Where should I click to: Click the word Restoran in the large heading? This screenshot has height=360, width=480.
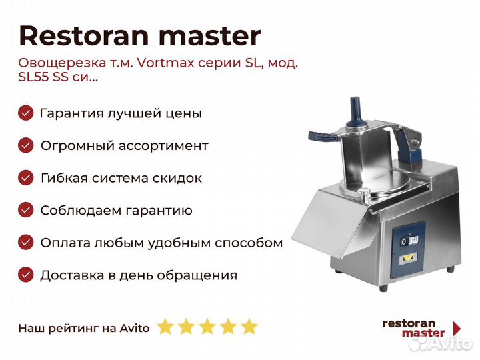84,35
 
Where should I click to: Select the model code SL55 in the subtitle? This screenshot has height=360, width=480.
34,76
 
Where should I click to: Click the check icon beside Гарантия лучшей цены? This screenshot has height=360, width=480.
26,113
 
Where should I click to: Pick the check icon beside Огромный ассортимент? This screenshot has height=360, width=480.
26,145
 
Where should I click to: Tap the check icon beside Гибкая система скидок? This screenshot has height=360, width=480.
26,178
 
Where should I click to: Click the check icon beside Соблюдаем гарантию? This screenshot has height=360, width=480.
26,210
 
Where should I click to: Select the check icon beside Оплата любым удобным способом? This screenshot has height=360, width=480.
26,243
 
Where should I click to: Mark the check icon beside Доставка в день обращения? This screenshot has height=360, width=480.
26,275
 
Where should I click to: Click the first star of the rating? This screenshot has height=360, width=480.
165,327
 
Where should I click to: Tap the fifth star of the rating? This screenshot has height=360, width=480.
249,327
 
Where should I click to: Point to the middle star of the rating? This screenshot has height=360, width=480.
207,327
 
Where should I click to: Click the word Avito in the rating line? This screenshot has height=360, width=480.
135,328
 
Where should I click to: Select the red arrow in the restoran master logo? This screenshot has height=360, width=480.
457,328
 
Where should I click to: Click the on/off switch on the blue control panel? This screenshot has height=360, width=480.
409,241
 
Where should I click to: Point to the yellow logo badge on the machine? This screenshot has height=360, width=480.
407,259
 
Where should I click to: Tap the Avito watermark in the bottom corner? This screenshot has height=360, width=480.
441,343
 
